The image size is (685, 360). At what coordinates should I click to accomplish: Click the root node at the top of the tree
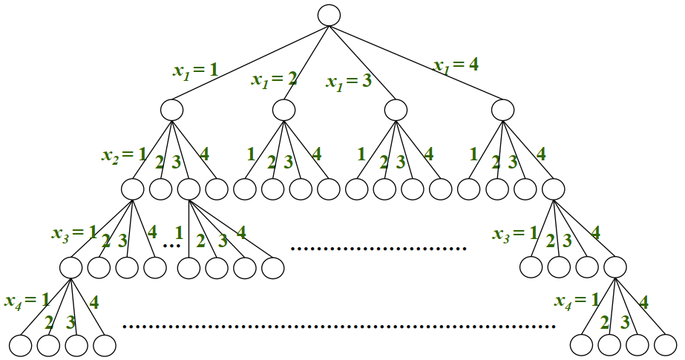pos(329,15)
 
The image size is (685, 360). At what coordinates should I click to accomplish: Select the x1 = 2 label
pos(274,79)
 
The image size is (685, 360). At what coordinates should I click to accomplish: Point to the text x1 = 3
pos(348,79)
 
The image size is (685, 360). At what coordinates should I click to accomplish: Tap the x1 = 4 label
pos(456,65)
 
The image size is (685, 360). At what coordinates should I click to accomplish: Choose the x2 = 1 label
pos(124,156)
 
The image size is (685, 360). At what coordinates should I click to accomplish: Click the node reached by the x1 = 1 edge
pos(171,110)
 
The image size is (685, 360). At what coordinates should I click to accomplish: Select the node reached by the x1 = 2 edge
pos(283,110)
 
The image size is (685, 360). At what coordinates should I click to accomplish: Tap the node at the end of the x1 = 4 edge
pos(502,110)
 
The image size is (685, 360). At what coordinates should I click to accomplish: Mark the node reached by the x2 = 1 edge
pos(133,189)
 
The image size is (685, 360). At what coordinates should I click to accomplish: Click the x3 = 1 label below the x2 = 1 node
pos(73,232)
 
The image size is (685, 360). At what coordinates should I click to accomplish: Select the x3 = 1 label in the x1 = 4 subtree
pos(514,233)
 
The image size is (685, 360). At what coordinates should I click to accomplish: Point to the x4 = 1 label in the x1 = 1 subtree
pos(27,301)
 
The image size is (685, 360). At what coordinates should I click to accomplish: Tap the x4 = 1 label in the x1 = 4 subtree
pos(577,301)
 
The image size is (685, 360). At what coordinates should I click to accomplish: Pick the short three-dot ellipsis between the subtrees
pos(171,245)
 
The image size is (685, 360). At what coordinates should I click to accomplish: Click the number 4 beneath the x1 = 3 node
pos(427,155)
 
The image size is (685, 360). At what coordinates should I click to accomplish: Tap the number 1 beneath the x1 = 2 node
pos(250,154)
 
